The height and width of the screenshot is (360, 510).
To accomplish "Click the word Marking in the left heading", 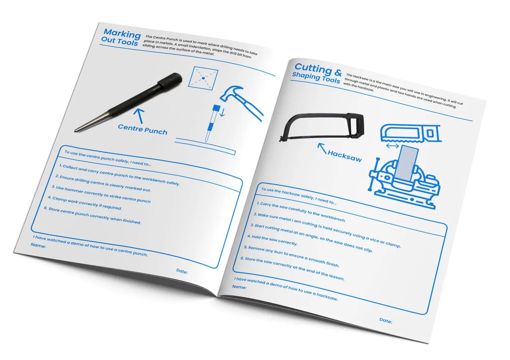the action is tap(122, 34).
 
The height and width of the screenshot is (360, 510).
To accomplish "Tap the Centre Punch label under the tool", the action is tap(142, 129).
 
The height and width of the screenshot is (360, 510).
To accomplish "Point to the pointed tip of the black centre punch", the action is tap(75, 131).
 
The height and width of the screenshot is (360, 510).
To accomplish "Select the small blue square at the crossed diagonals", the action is tap(203, 78).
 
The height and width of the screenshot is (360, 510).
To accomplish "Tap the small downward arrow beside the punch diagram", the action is tap(222, 113).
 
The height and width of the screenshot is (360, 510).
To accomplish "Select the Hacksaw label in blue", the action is tap(345, 156).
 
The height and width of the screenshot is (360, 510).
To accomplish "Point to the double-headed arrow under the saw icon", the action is tap(392, 146).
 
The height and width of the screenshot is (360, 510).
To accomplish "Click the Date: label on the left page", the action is tap(182, 271).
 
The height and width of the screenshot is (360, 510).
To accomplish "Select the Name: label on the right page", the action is tap(239, 287).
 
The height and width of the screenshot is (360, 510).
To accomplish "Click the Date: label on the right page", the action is tap(386, 321).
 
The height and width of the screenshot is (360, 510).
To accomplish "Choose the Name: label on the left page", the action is tap(38, 245).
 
